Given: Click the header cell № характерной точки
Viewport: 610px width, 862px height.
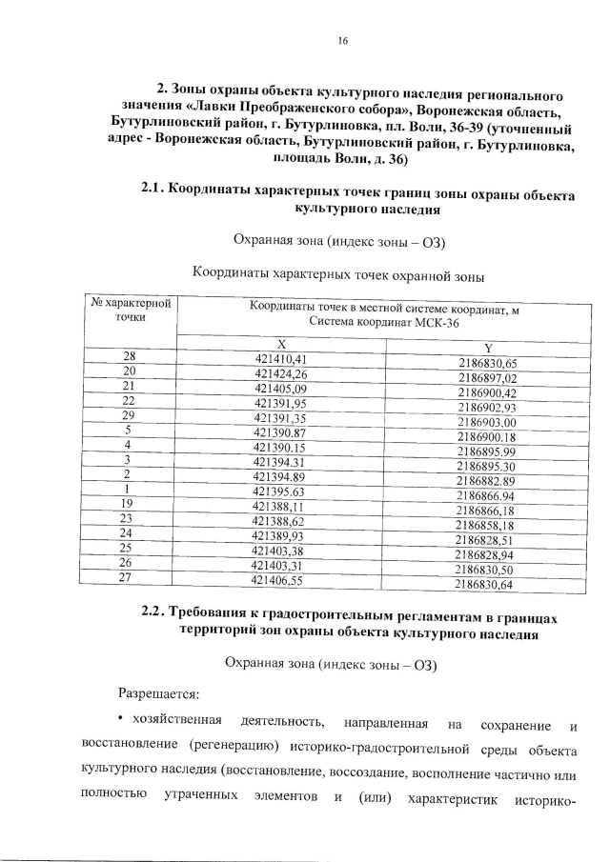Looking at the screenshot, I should [131, 311].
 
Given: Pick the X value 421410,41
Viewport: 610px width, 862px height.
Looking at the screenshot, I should [280, 358].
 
